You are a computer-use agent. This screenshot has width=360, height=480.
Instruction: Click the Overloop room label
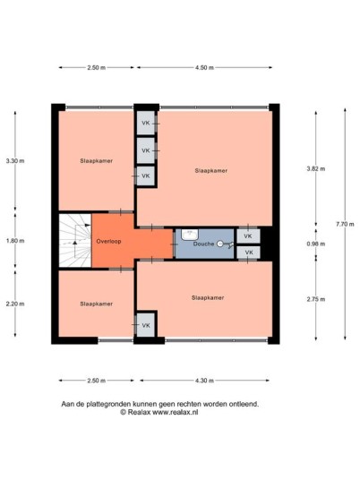pyautogui.click(x=108, y=241)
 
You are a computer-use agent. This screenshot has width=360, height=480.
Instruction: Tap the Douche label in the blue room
pyautogui.click(x=203, y=244)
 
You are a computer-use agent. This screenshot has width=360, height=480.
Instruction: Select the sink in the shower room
pyautogui.click(x=190, y=235)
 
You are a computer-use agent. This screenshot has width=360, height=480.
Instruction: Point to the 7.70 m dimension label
pyautogui.click(x=345, y=224)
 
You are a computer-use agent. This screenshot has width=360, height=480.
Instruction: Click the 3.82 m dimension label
pyautogui.click(x=316, y=168)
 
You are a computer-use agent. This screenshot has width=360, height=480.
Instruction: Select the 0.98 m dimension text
pyautogui.click(x=316, y=244)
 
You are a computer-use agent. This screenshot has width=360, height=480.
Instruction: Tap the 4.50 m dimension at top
pyautogui.click(x=204, y=68)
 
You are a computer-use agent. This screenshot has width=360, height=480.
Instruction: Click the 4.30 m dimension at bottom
pyautogui.click(x=204, y=381)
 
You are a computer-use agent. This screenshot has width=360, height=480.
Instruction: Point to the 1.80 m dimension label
pyautogui.click(x=15, y=241)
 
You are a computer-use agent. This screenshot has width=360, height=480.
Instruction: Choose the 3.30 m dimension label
pyautogui.click(x=15, y=160)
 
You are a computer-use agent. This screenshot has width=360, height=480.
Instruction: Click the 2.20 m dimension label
pyautogui.click(x=15, y=304)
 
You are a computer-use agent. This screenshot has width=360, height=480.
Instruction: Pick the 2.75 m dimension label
pyautogui.click(x=316, y=299)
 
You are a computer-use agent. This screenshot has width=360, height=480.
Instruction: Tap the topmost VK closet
pyautogui.click(x=146, y=123)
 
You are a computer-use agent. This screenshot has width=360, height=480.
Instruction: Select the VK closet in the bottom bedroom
pyautogui.click(x=146, y=325)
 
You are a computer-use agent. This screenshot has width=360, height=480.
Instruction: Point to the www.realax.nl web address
pyautogui.click(x=176, y=412)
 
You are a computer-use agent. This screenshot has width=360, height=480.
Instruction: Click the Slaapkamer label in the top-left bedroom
pyautogui.click(x=96, y=160)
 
